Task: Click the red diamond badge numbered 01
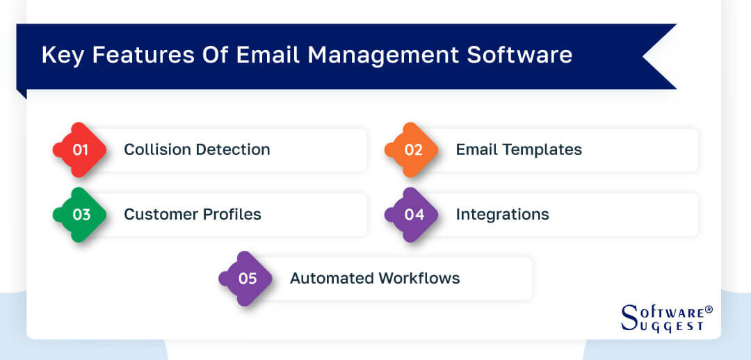[81, 149]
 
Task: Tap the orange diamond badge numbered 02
[412, 149]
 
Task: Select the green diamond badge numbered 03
[81, 214]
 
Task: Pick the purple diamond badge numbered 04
[412, 214]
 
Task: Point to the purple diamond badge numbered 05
[247, 278]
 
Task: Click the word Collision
[156, 149]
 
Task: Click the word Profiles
[233, 214]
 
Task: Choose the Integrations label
[502, 214]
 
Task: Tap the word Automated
[331, 278]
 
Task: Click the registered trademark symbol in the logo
[709, 309]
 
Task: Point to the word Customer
[158, 214]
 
